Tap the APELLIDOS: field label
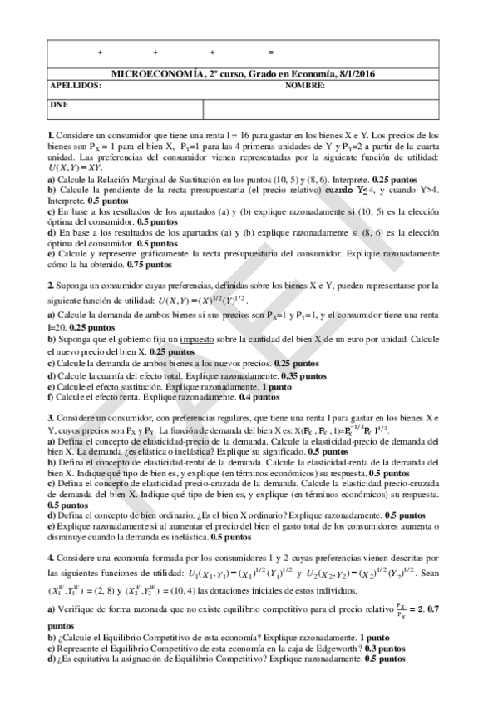(x=76, y=86)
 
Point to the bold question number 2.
(x=51, y=285)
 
